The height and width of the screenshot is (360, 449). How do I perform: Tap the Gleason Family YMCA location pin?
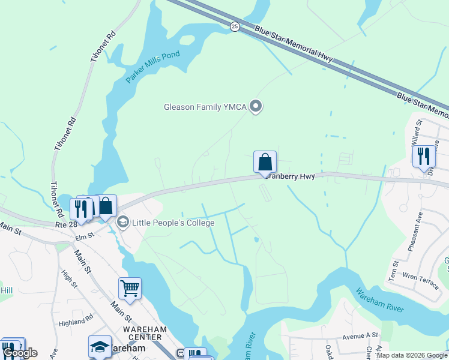pyautogui.click(x=256, y=107)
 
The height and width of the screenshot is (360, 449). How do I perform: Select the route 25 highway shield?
pyautogui.click(x=235, y=26)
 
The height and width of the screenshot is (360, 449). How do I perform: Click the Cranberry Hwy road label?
pyautogui.click(x=291, y=176)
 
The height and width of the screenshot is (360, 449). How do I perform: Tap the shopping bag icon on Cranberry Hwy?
pyautogui.click(x=265, y=162)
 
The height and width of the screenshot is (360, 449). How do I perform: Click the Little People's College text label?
pyautogui.click(x=173, y=223)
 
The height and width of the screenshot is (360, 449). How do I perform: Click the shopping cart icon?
pyautogui.click(x=130, y=289)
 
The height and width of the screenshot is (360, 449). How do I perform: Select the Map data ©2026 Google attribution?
pyautogui.click(x=412, y=355)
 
